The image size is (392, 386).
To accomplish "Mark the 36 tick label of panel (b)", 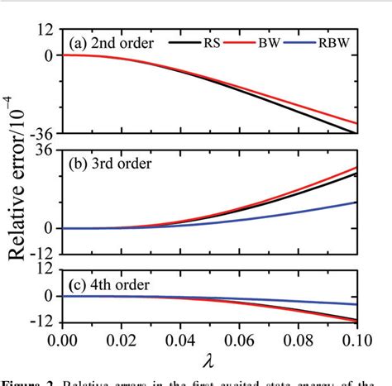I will [x=45, y=150].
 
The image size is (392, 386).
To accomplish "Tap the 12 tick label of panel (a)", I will [x=45, y=30].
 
